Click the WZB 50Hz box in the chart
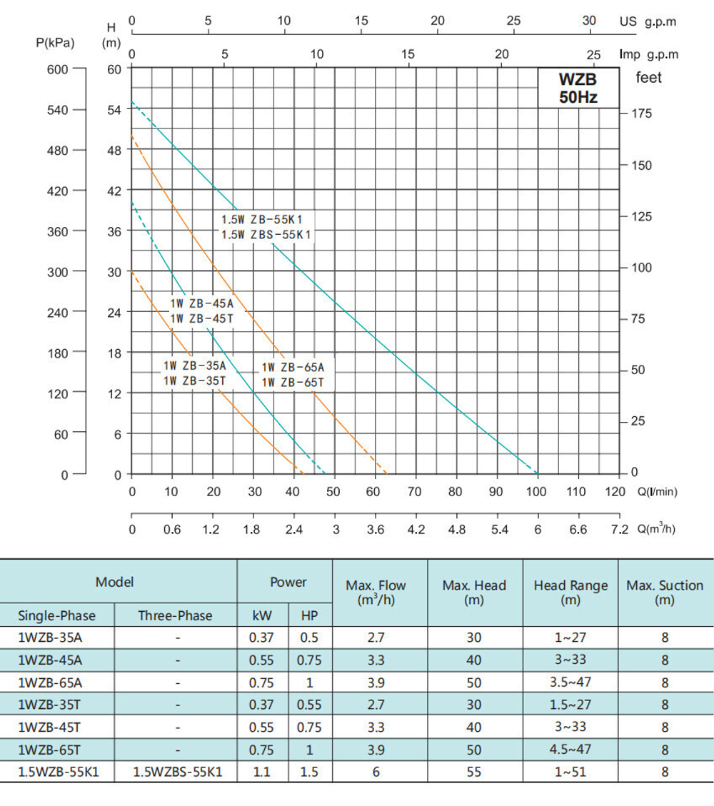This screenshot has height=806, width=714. point(578,87)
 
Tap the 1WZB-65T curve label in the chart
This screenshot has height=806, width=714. point(293,383)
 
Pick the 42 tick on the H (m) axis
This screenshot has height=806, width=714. point(114,191)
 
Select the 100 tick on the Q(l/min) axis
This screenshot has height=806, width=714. point(536,491)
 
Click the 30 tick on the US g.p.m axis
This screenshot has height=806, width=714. point(589,21)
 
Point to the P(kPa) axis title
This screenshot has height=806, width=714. point(55,43)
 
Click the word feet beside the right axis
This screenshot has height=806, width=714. point(649,77)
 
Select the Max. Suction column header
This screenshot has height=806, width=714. point(665,593)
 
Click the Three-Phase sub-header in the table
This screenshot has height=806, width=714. point(175,615)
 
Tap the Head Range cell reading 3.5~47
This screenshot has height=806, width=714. point(570,682)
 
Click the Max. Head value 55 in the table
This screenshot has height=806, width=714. point(474,772)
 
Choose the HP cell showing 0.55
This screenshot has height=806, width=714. point(309,705)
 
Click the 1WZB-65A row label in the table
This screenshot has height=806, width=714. point(46,682)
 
